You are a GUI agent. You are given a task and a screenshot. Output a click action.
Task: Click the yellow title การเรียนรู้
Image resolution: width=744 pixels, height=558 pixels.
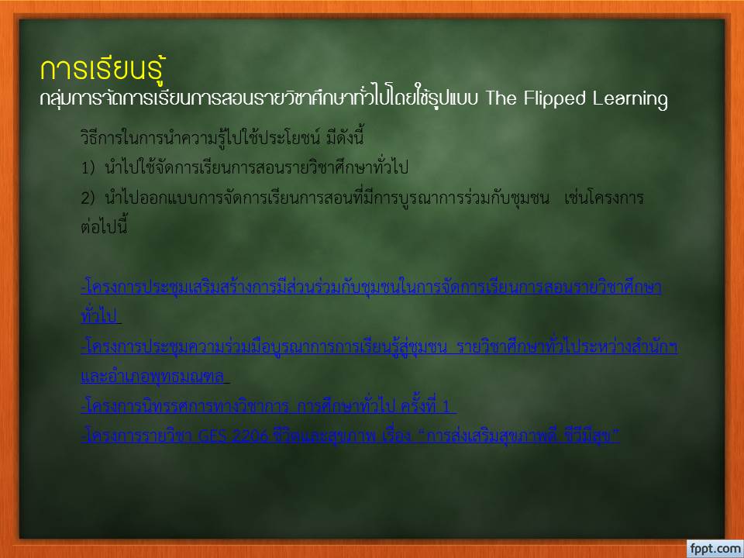click(102, 70)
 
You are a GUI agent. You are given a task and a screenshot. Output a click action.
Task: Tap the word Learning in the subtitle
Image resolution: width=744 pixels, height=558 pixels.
click(630, 98)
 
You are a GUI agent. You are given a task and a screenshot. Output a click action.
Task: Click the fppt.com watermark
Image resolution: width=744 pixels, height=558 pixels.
click(715, 549)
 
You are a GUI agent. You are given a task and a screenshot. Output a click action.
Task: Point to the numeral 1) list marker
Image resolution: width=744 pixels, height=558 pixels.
click(88, 167)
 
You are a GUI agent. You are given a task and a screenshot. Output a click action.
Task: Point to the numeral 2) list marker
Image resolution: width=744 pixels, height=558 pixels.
click(88, 198)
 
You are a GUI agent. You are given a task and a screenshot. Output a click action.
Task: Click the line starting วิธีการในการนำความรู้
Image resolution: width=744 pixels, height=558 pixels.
click(222, 137)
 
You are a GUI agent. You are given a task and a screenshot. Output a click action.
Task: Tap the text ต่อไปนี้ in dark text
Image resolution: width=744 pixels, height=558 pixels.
click(104, 226)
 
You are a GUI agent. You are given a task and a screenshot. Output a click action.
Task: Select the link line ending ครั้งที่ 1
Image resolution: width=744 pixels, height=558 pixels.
click(269, 405)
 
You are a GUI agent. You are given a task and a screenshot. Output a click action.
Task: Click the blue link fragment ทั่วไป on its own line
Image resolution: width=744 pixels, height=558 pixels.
click(100, 316)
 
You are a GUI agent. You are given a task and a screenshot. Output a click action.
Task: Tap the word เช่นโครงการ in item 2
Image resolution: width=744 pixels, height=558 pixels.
click(604, 198)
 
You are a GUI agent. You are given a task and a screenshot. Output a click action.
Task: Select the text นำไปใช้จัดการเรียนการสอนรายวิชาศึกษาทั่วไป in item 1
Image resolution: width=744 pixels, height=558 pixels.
click(257, 167)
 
